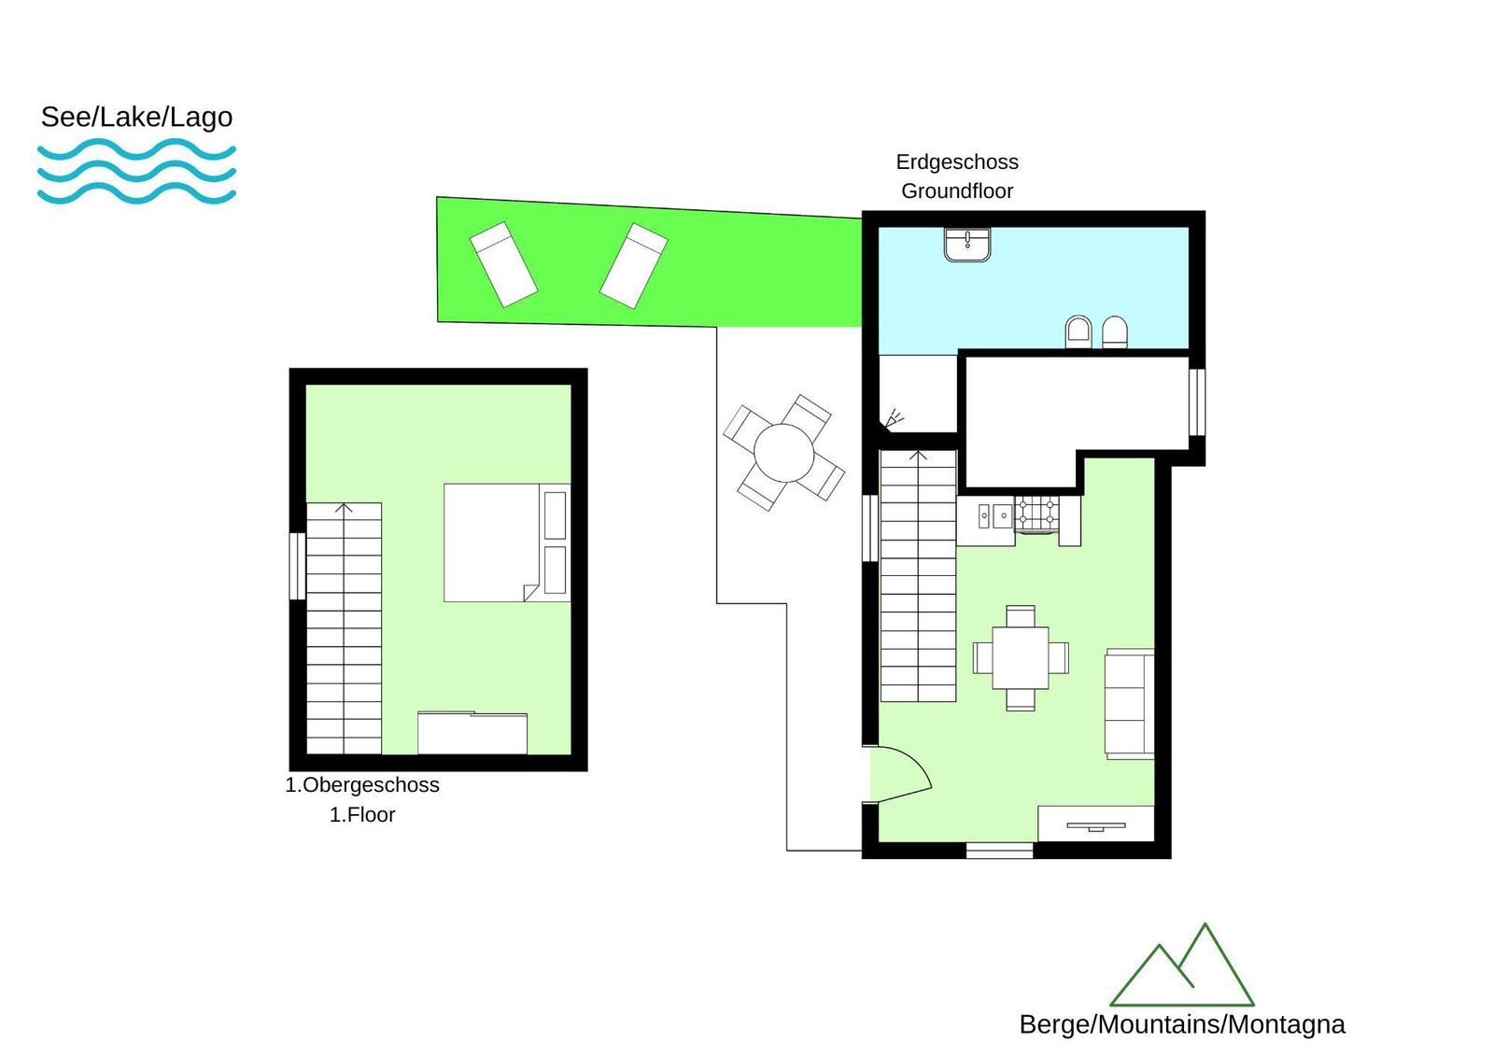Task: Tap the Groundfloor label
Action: pyautogui.click(x=957, y=191)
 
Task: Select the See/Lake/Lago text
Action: pyautogui.click(x=136, y=117)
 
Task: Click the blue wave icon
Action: pyautogui.click(x=136, y=171)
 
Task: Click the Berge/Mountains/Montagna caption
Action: pyautogui.click(x=1182, y=1024)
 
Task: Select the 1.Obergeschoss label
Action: pyautogui.click(x=362, y=785)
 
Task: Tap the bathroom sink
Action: pyautogui.click(x=967, y=245)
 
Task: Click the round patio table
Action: pyautogui.click(x=783, y=452)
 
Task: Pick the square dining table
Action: pyautogui.click(x=1021, y=657)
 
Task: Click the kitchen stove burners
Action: pyautogui.click(x=1036, y=514)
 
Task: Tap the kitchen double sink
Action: pyautogui.click(x=994, y=515)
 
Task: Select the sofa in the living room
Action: pyautogui.click(x=1129, y=703)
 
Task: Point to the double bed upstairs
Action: pyautogui.click(x=507, y=543)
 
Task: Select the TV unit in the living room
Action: pyautogui.click(x=1096, y=824)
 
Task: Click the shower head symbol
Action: pyautogui.click(x=894, y=419)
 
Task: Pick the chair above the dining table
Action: pyautogui.click(x=1021, y=615)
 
